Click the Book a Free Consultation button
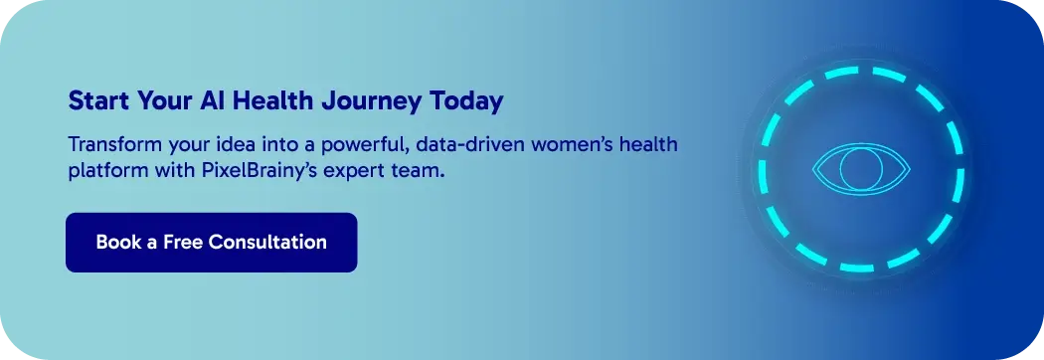click(211, 243)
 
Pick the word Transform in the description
click(108, 144)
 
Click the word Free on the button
click(182, 243)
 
